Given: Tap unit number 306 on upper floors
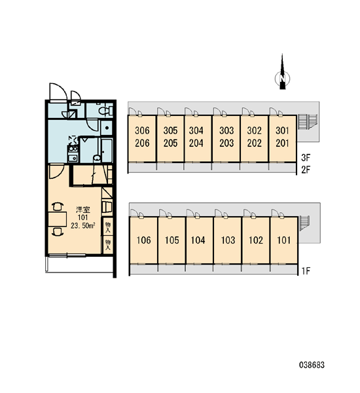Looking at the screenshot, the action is pyautogui.click(x=142, y=130).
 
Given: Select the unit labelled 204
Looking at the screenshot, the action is pyautogui.click(x=196, y=143).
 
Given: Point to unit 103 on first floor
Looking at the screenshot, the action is pyautogui.click(x=228, y=240).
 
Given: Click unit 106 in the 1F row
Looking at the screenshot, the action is pyautogui.click(x=143, y=240).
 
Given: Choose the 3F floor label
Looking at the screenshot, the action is pyautogui.click(x=306, y=158).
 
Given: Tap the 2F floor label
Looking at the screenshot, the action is pyautogui.click(x=306, y=170).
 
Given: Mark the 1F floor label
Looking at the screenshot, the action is pyautogui.click(x=306, y=271).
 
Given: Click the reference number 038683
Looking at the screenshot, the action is pyautogui.click(x=312, y=365).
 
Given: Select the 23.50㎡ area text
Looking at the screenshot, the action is pyautogui.click(x=82, y=225).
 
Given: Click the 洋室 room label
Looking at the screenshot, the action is pyautogui.click(x=83, y=210).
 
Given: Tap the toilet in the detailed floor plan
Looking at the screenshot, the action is pyautogui.click(x=105, y=111).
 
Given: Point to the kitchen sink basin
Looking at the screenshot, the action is pyautogui.click(x=73, y=158).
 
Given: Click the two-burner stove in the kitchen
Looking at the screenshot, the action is pyautogui.click(x=73, y=149).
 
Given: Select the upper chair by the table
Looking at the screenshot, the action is pyautogui.click(x=58, y=206).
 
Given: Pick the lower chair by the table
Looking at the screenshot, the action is pyautogui.click(x=58, y=231).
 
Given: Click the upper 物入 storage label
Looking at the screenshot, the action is pyautogui.click(x=108, y=227).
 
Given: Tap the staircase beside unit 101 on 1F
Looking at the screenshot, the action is pyautogui.click(x=305, y=223).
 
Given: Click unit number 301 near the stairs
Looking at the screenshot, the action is pyautogui.click(x=282, y=130).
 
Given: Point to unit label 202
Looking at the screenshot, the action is pyautogui.click(x=254, y=143).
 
